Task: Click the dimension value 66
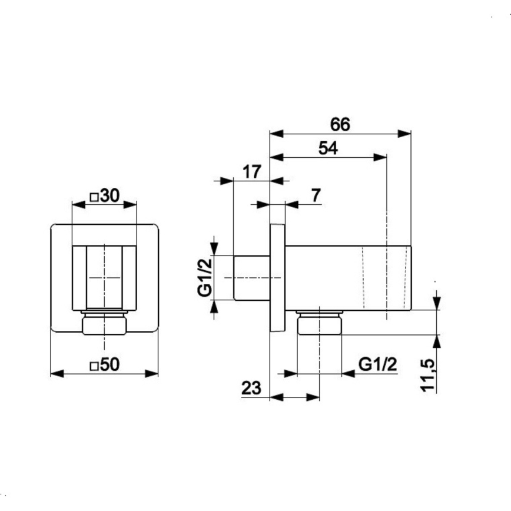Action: [340, 124]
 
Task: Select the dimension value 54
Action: [328, 148]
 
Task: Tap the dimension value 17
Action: [251, 172]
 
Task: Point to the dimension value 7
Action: [316, 195]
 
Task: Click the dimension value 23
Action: [251, 388]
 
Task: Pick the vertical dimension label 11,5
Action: [428, 375]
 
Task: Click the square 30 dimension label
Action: [105, 195]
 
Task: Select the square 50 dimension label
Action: [105, 364]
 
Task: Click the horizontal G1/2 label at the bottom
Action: [378, 364]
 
